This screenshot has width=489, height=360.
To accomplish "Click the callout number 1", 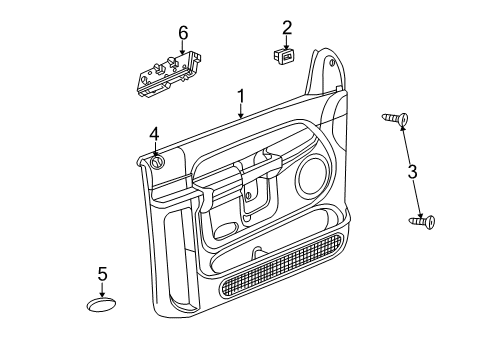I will point(240,96).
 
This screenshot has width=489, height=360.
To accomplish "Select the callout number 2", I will point(286,27).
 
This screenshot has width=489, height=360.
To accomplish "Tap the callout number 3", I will point(412,171).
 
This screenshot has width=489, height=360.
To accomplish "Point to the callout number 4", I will point(154,133).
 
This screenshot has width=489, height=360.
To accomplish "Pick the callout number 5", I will point(102,272).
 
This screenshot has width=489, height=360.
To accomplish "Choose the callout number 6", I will point(182,33).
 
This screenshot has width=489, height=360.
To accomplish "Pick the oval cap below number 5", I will point(102,304).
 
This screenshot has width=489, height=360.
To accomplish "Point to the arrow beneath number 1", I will point(240,112).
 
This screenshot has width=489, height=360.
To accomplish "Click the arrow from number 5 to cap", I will point(102,287).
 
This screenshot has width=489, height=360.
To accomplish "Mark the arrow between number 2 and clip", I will point(286,42).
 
